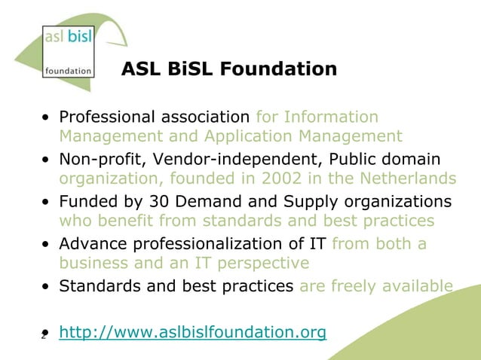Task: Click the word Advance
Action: pyautogui.click(x=93, y=244)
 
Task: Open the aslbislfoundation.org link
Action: pyautogui.click(x=192, y=332)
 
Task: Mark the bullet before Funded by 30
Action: pyautogui.click(x=47, y=203)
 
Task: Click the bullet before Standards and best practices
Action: pyautogui.click(x=47, y=287)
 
